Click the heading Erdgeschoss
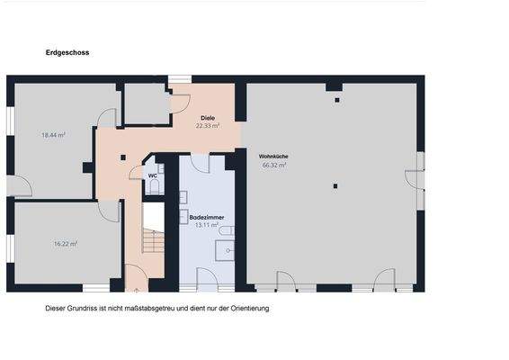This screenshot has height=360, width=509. [67, 53]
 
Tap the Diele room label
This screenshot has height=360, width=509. [208, 119]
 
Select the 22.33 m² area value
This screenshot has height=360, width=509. [208, 127]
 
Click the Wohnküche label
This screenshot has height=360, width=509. [273, 157]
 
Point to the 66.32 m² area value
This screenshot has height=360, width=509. [273, 166]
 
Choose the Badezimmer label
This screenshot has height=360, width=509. [207, 218]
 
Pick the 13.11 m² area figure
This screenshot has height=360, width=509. [207, 226]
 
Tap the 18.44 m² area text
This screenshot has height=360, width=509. [55, 135]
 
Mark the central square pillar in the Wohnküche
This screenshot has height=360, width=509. [335, 186]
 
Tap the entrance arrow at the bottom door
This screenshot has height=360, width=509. [134, 290]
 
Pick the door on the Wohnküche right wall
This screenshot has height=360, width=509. [415, 177]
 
